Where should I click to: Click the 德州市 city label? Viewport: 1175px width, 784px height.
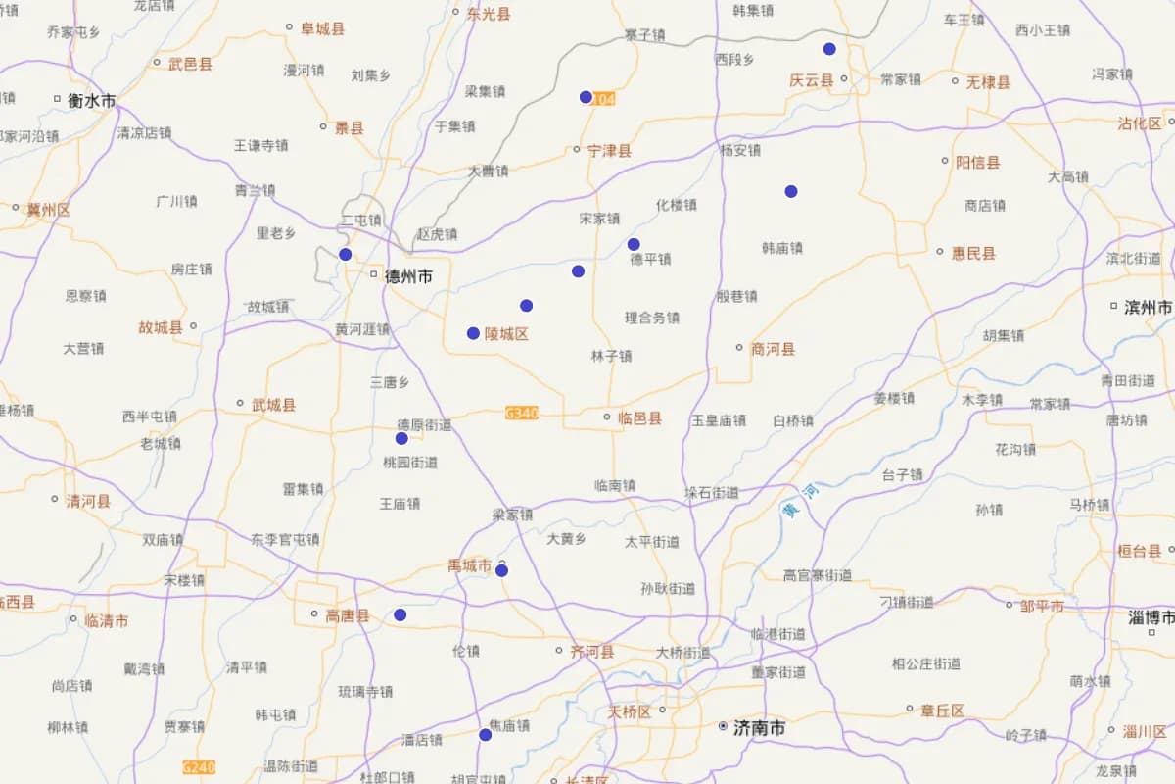tap(408, 277)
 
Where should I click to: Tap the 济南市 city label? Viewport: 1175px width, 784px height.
tap(759, 728)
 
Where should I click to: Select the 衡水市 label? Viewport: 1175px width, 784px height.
tap(91, 100)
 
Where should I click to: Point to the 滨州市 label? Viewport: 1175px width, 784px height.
tap(1148, 307)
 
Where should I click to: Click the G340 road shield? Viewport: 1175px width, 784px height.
tap(522, 414)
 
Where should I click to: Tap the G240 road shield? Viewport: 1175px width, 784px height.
tap(199, 767)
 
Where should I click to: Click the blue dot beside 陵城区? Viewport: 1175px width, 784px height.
tap(473, 333)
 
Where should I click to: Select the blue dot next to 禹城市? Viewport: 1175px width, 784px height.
tap(501, 570)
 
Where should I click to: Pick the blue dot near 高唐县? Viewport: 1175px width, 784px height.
tap(399, 614)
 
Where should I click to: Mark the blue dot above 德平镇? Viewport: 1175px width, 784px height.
tap(634, 244)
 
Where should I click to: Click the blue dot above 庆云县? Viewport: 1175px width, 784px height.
tap(829, 49)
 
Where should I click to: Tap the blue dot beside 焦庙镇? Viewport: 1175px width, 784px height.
tap(485, 734)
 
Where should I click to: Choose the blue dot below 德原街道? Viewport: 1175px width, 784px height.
tap(401, 438)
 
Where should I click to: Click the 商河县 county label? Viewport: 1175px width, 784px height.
tap(773, 349)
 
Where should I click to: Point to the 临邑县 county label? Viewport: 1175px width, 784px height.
tap(639, 418)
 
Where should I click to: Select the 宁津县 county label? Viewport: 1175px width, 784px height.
tap(609, 151)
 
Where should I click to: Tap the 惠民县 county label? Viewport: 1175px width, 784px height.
tap(973, 253)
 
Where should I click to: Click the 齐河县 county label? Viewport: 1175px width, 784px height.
tap(591, 652)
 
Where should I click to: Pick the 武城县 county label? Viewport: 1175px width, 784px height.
tap(273, 404)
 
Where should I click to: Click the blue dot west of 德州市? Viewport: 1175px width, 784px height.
tap(345, 255)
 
